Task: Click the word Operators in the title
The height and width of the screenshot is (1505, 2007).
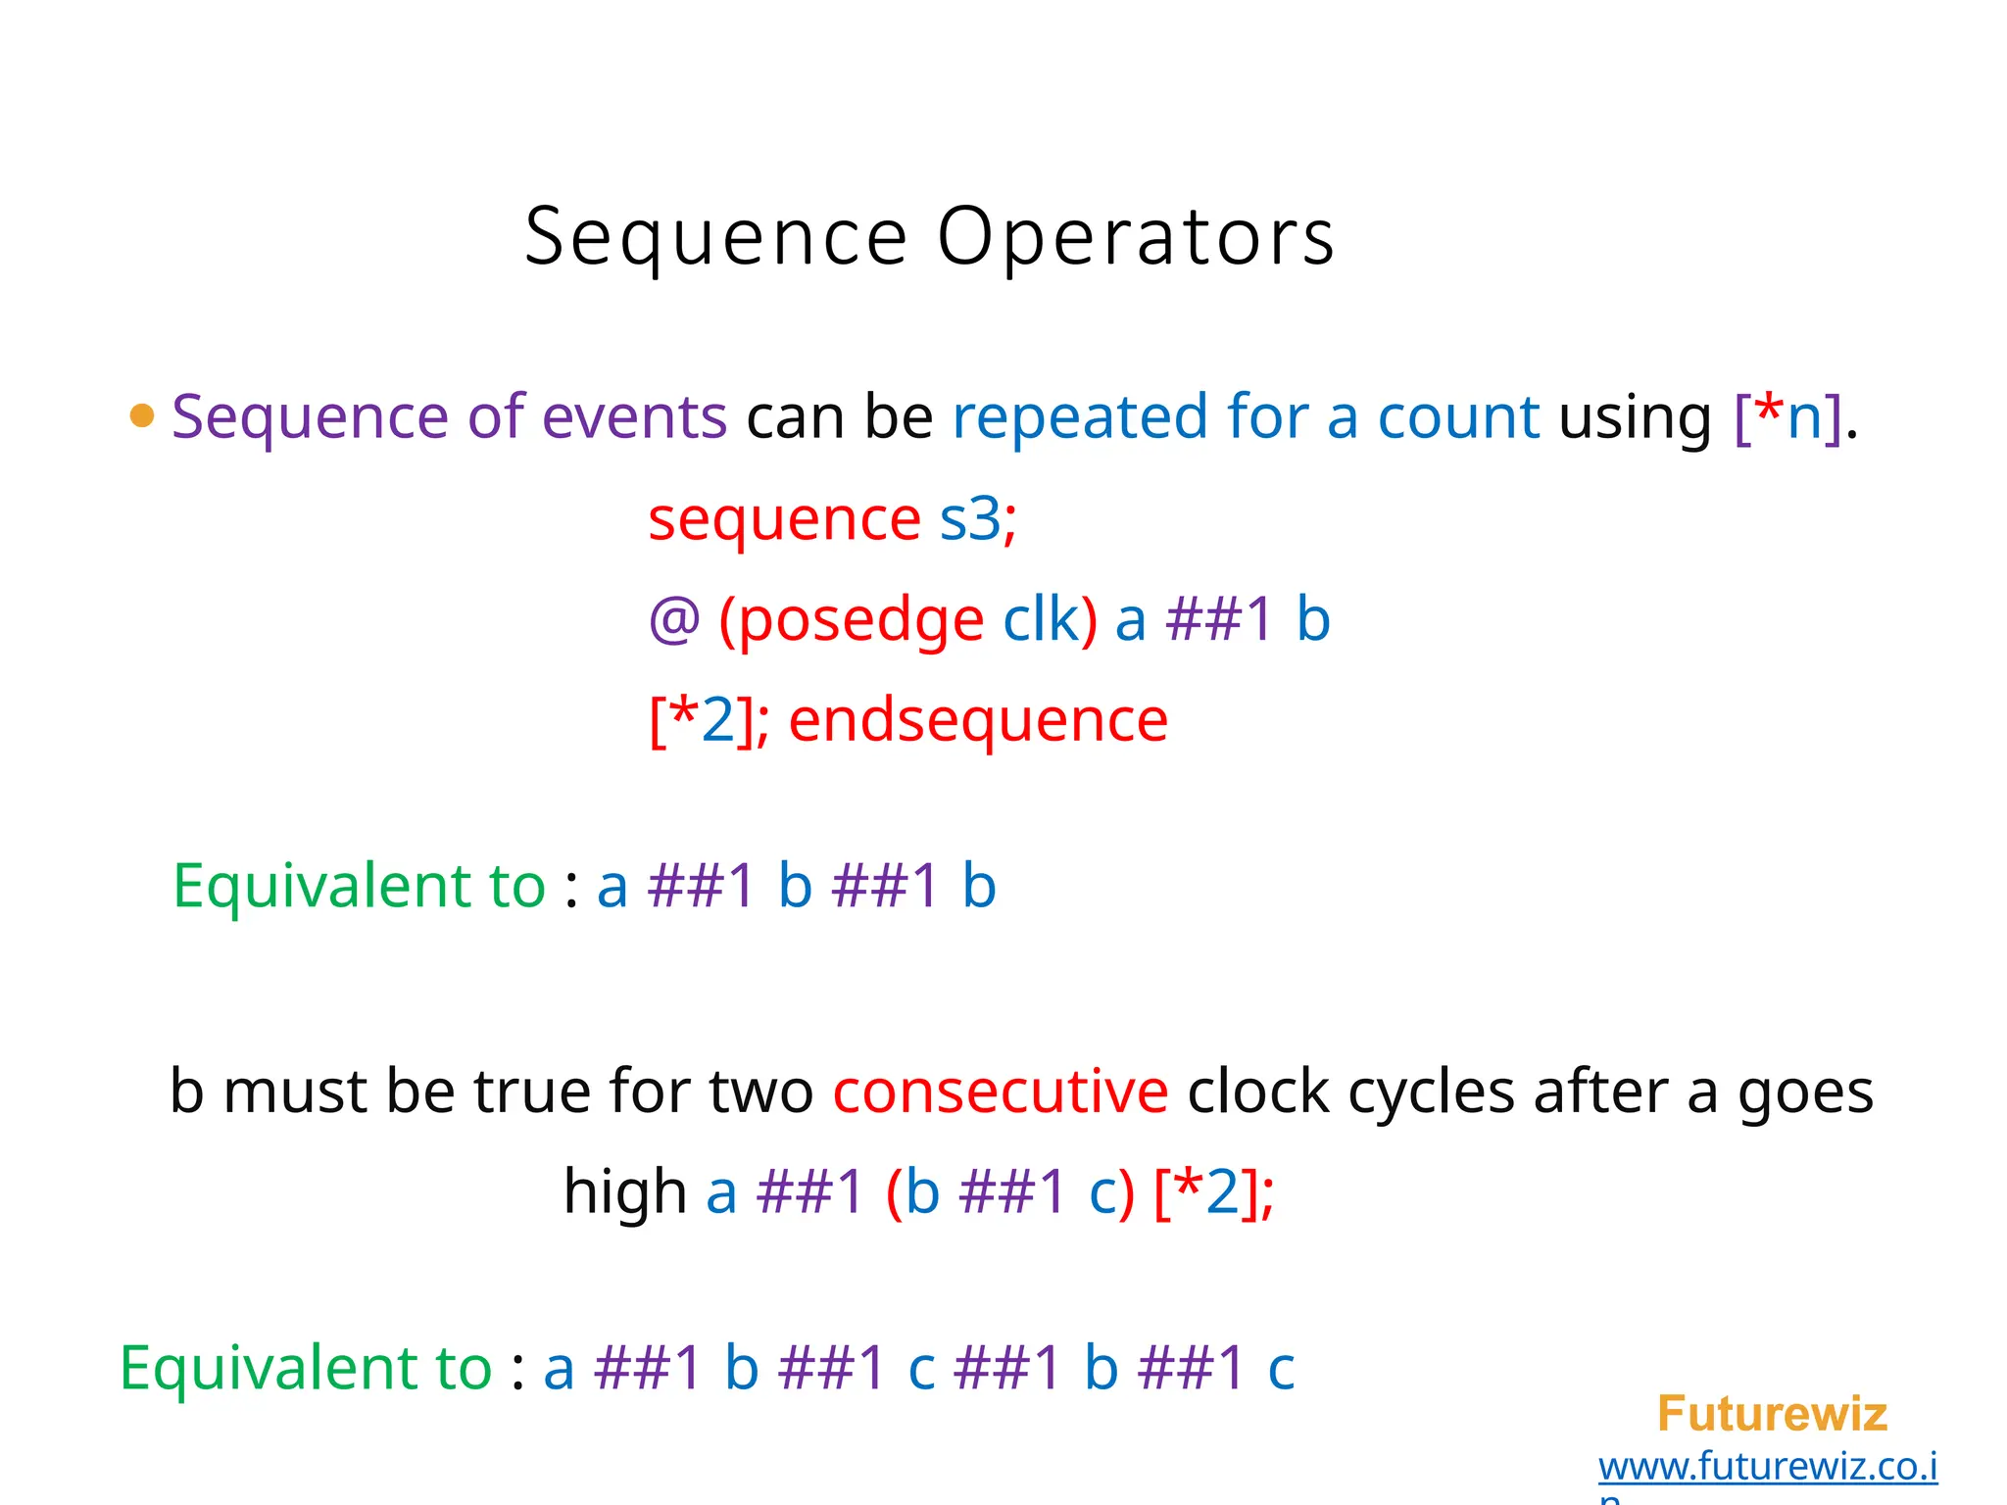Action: point(1136,237)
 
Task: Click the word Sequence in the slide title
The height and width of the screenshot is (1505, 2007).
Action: point(716,237)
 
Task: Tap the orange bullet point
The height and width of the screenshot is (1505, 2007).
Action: point(142,415)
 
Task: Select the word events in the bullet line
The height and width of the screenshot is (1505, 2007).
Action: point(634,416)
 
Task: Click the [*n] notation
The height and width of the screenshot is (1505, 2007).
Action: point(1787,416)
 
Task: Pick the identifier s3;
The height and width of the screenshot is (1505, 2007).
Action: point(978,518)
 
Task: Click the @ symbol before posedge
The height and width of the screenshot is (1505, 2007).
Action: point(674,619)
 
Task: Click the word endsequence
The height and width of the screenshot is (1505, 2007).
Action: point(978,720)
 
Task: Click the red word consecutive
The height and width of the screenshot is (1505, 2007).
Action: point(1000,1091)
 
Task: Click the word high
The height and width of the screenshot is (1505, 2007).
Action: point(625,1191)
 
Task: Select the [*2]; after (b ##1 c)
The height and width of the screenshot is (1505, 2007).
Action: point(1214,1191)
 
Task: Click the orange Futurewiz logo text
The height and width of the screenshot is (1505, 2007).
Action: point(1772,1414)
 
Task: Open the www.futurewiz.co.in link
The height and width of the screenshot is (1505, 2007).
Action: point(1768,1467)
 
